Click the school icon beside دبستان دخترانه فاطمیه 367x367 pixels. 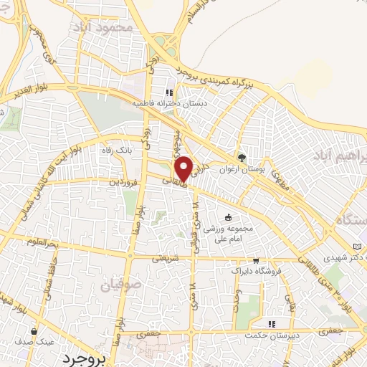coord(170,92)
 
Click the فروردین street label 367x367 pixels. coord(123,182)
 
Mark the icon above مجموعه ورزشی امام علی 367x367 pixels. coord(229,217)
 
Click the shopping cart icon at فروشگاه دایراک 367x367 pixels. coord(256,262)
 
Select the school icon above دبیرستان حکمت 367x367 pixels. coord(271,324)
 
